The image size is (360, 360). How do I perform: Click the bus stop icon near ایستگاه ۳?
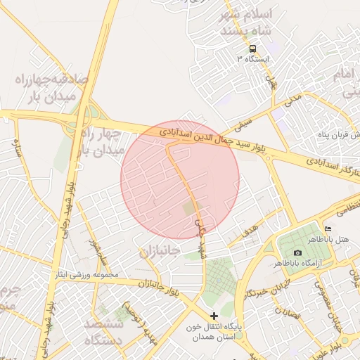click(252, 49)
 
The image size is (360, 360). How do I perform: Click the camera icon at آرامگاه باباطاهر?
click(297, 252)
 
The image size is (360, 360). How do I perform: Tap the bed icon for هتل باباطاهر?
click(328, 229)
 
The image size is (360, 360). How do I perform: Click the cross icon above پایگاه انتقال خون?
click(214, 316)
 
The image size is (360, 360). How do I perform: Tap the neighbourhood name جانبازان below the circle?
click(160, 251)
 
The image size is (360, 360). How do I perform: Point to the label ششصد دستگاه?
click(104, 332)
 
